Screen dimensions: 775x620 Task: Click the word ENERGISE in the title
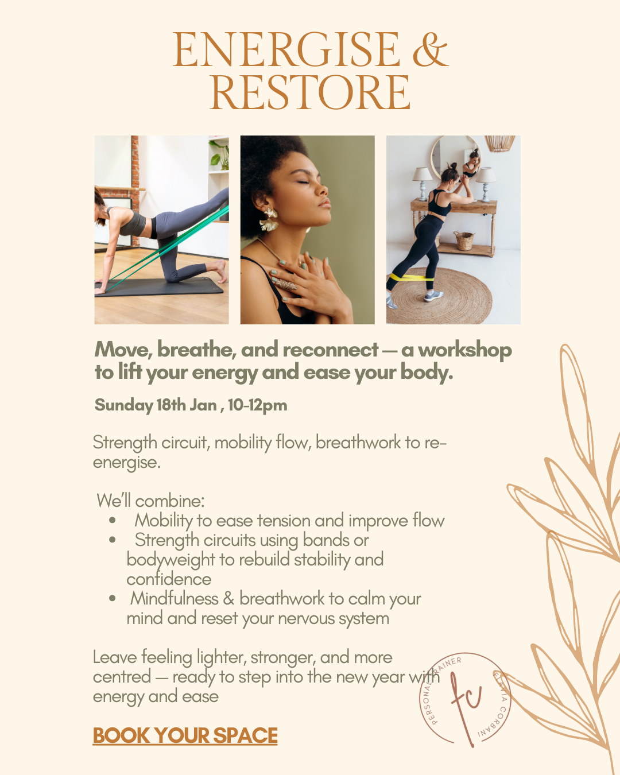pyautogui.click(x=286, y=50)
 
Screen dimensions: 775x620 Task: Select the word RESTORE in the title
pyautogui.click(x=310, y=93)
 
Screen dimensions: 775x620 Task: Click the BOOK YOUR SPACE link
pyautogui.click(x=185, y=735)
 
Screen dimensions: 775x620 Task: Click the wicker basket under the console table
pyautogui.click(x=464, y=241)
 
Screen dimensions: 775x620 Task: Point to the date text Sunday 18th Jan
pyautogui.click(x=155, y=405)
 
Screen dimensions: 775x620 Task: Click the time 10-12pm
pyautogui.click(x=258, y=405)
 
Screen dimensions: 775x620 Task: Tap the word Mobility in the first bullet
pyautogui.click(x=164, y=521)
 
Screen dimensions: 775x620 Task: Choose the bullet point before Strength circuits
pyautogui.click(x=113, y=540)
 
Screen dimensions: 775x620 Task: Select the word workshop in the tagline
pyautogui.click(x=464, y=350)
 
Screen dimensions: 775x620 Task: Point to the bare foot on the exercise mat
pyautogui.click(x=219, y=269)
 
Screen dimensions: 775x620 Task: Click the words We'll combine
pyautogui.click(x=150, y=501)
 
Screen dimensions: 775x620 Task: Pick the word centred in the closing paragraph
pyautogui.click(x=122, y=677)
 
